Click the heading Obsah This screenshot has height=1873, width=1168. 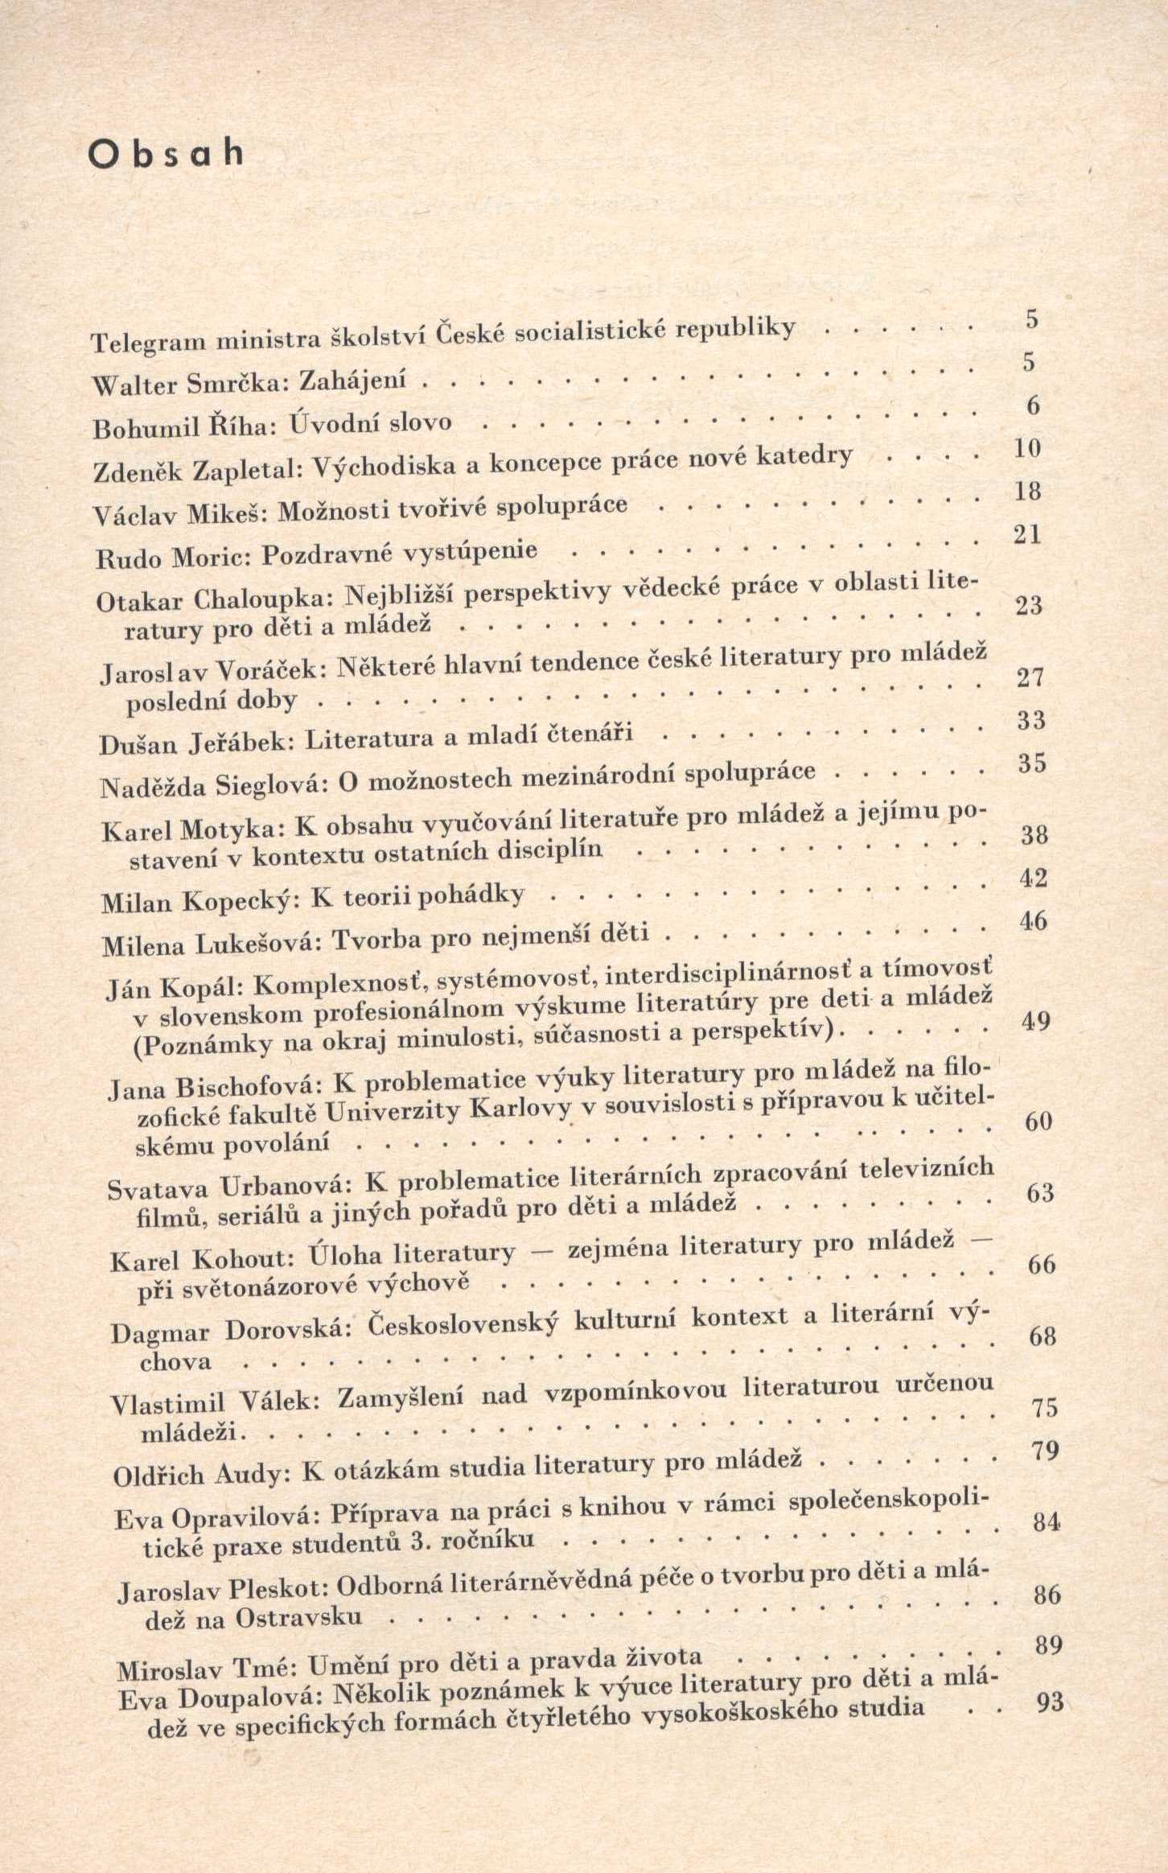166,153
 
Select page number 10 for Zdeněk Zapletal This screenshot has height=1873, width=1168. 1027,448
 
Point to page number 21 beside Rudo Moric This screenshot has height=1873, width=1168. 1028,535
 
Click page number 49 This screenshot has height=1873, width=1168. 1035,1022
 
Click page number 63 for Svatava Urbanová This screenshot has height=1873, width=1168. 1039,1192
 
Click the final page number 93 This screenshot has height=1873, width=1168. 1051,1702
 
